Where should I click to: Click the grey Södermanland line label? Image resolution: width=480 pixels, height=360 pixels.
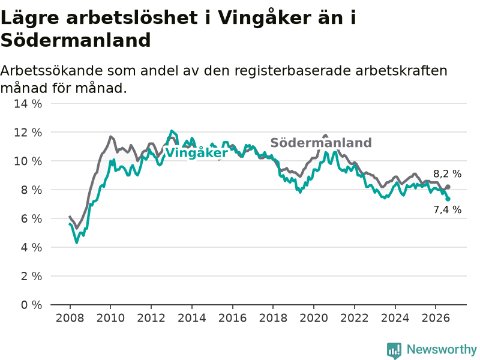pos(321,143)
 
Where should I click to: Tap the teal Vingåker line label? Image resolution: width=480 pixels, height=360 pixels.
pos(196,153)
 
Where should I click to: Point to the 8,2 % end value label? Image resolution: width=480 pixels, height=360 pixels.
pos(447,174)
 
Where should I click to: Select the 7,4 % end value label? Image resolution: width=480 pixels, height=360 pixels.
pos(447,209)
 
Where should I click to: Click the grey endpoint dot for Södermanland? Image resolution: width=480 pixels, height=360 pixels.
pos(448,187)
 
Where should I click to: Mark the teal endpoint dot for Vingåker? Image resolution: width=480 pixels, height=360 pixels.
pos(448,199)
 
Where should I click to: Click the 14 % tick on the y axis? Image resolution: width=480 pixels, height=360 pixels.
pos(28,104)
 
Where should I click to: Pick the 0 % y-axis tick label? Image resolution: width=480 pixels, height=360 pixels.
pos(31,305)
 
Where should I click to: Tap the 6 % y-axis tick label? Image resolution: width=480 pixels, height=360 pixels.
pos(31,218)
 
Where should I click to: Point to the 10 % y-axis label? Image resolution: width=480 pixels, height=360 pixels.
pos(28,161)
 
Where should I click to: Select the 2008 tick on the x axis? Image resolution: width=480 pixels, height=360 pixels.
pos(70,318)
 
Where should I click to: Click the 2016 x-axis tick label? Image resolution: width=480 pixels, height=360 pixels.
pos(232,318)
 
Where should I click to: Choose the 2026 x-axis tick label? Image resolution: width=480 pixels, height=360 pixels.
pos(436,318)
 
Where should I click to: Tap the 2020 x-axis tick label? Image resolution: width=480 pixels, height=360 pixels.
pos(314,318)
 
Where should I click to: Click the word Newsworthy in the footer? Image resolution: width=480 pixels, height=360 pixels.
pos(442,349)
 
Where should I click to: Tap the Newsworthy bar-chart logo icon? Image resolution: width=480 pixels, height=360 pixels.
pos(394,350)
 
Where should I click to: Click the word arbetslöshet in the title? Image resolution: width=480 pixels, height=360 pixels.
pos(131,17)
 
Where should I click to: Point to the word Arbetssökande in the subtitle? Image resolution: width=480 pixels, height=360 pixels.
pos(52,71)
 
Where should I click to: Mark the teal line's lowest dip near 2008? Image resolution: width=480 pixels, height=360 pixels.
pos(77,242)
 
